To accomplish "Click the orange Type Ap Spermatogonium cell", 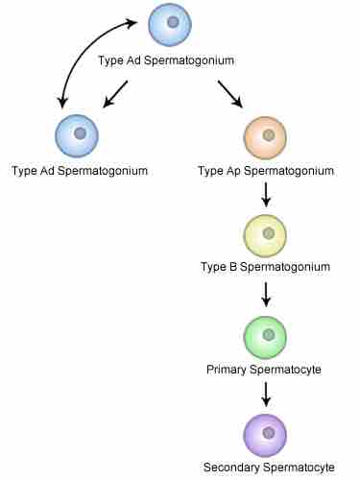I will point(265,138).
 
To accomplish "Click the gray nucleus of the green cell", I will point(270,333).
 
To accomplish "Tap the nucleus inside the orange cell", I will point(270,134).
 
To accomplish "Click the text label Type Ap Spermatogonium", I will point(265,172).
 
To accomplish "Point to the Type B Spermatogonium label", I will point(265,266).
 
